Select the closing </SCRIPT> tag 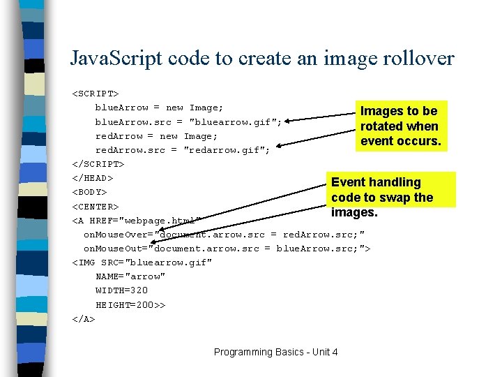[98, 164]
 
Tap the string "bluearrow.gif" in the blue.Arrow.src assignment [236, 122]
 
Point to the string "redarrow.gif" [227, 150]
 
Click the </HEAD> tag [93, 178]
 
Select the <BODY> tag [90, 192]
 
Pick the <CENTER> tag [96, 207]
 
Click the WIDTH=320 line [122, 290]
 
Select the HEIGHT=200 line [130, 305]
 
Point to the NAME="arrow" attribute [130, 276]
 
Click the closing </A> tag [84, 319]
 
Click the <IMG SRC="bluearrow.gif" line [142, 263]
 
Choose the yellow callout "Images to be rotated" [400, 126]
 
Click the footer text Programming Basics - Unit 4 [276, 352]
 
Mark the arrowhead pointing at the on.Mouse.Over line [160, 231]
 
